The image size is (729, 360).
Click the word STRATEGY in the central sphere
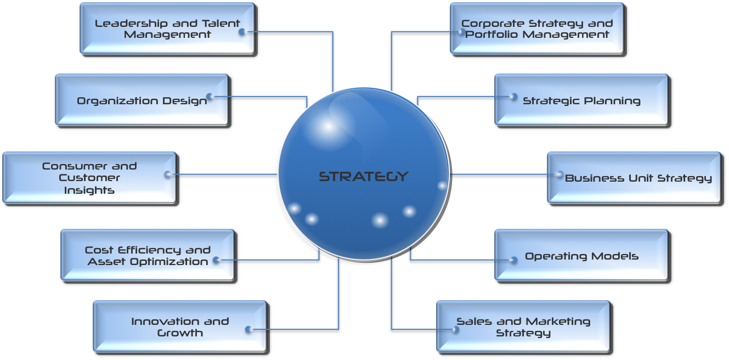click(364, 176)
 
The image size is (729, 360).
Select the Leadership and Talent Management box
click(167, 29)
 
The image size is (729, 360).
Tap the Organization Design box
click(142, 100)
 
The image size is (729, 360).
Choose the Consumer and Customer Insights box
click(89, 178)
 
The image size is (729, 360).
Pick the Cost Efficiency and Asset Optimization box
click(148, 255)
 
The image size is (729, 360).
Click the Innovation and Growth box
click(180, 327)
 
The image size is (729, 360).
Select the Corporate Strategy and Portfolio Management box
click(537, 29)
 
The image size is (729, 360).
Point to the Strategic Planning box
click(581, 100)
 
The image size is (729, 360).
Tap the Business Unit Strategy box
click(634, 178)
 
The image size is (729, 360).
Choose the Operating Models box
click(581, 255)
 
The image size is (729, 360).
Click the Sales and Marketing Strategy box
click(523, 327)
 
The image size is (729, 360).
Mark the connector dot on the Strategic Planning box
click(513, 97)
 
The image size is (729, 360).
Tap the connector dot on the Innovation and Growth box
click(248, 329)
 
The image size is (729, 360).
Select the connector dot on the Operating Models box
click(513, 260)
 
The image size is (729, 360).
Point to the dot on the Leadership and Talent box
click(242, 32)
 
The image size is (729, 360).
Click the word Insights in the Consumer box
click(89, 190)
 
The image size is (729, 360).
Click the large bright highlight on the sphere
click(327, 127)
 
